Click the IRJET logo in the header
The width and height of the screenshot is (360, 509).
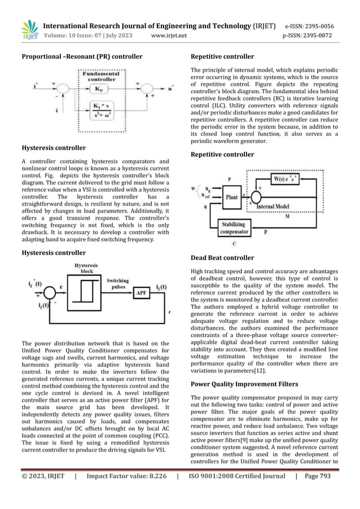[x=29, y=30]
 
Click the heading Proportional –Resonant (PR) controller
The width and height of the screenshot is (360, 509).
[x=82, y=56]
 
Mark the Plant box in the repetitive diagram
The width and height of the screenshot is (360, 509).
[x=231, y=198]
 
